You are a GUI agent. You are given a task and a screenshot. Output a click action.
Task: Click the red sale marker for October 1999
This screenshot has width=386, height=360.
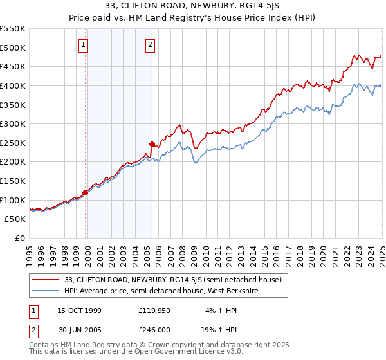point(85,192)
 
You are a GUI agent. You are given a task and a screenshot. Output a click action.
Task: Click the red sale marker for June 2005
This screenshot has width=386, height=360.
point(152,144)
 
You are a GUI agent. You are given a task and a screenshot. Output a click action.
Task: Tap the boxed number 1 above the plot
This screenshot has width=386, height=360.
point(84,44)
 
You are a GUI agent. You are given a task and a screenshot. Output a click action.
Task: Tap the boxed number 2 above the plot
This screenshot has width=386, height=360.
point(150,44)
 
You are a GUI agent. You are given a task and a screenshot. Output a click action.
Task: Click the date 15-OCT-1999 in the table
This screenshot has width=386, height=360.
point(79,310)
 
